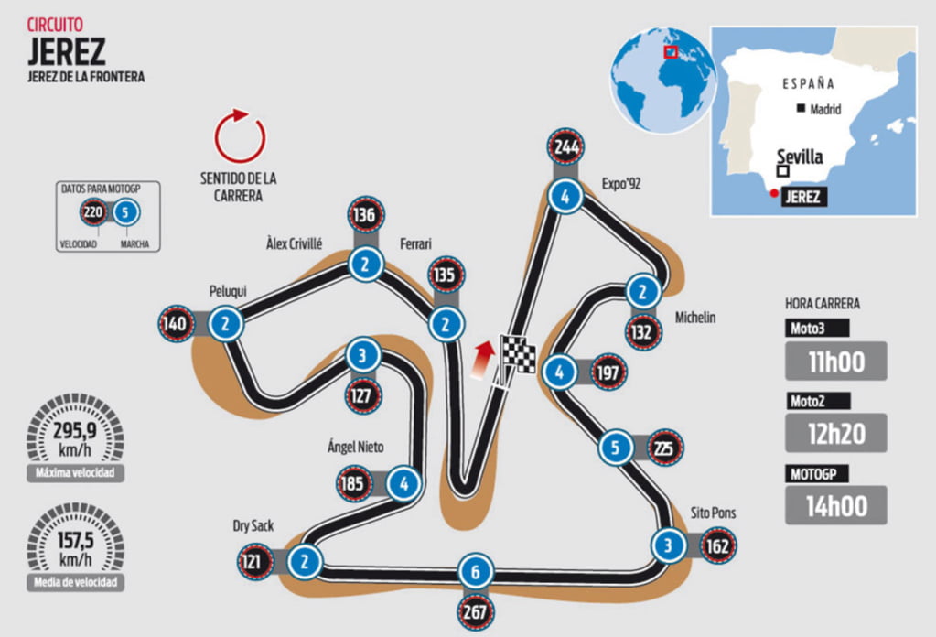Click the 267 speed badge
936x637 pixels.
[476, 612]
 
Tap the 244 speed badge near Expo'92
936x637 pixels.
[565, 146]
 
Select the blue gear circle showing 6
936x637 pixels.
[476, 572]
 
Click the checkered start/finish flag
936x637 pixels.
[517, 354]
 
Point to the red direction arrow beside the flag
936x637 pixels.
[483, 360]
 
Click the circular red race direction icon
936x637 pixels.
[240, 135]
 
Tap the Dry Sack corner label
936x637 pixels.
[253, 526]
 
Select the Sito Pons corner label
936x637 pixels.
[714, 513]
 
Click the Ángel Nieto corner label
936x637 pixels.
[355, 447]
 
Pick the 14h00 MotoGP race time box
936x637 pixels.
[835, 505]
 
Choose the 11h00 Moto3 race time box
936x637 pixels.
[835, 362]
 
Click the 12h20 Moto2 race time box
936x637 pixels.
[835, 434]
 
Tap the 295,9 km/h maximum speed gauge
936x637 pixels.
[75, 437]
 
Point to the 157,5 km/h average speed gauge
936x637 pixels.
[75, 547]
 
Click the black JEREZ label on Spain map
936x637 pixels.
[803, 197]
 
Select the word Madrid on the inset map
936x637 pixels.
[825, 109]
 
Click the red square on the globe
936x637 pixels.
[671, 51]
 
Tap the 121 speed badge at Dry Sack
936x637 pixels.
[252, 562]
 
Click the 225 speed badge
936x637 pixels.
[664, 448]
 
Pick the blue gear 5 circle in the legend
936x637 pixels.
[125, 212]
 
